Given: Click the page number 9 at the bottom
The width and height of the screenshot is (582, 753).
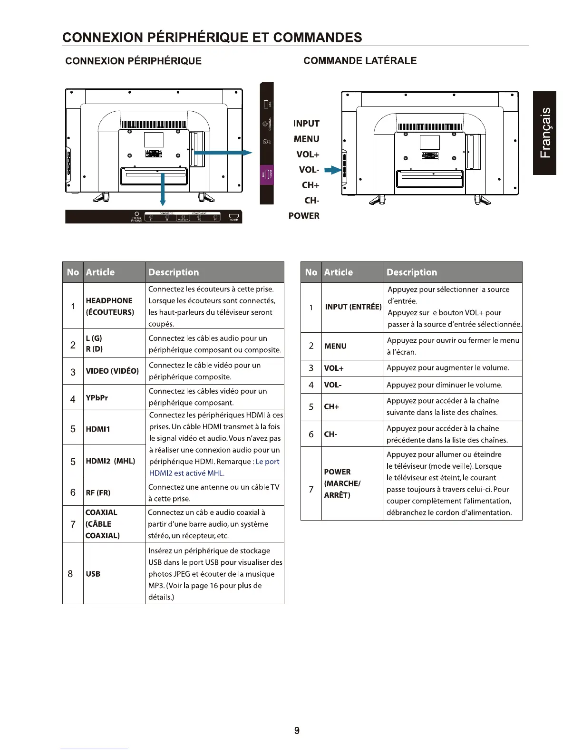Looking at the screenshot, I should point(297,730).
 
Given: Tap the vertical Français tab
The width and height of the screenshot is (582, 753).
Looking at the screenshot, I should point(545,133).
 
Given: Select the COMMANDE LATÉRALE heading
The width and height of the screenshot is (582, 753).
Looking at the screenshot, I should point(360,61).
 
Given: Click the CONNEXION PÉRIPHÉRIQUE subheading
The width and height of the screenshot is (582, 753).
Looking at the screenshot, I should point(133,61).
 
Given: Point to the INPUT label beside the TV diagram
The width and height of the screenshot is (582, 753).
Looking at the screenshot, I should point(306,124).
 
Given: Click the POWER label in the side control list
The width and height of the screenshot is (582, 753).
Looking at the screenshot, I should point(304,216).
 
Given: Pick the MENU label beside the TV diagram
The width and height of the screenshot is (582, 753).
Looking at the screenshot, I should point(307,139).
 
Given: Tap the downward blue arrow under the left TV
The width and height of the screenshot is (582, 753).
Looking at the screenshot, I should point(163,190).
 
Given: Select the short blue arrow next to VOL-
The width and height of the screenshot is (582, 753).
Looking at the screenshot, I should point(333,170).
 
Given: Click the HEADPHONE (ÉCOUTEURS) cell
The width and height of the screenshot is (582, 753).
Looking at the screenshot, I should point(110,306).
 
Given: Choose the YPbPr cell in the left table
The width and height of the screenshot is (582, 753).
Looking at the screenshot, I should point(97,397).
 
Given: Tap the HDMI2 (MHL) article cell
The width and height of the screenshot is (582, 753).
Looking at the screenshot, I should point(110,461).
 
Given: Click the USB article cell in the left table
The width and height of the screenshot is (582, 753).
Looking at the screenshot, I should point(93,574).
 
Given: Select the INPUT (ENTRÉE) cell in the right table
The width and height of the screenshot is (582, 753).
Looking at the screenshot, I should point(353,307).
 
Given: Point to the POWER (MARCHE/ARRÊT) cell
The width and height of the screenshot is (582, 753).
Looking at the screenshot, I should point(342,483).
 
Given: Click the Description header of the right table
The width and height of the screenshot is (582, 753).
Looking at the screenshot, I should point(412,272).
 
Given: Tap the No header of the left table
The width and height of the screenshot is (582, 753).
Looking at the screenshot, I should point(73,272).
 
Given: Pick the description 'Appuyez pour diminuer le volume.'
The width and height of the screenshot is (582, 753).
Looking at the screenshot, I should point(445,385).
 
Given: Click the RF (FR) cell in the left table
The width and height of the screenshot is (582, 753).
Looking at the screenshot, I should point(98,492).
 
